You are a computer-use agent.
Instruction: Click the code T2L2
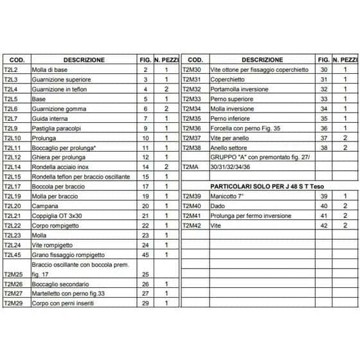[11, 69]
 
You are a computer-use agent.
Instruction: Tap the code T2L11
[13, 148]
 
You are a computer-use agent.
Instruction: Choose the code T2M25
[14, 274]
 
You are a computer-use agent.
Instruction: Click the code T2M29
[14, 303]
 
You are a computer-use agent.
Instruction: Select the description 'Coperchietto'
[227, 79]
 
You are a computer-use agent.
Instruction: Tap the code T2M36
[192, 128]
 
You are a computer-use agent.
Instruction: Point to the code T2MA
[190, 166]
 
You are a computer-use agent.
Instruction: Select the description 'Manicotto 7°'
[227, 196]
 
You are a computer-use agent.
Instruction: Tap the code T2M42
[192, 225]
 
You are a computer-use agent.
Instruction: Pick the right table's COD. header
[196, 60]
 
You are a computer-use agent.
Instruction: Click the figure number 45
[145, 255]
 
